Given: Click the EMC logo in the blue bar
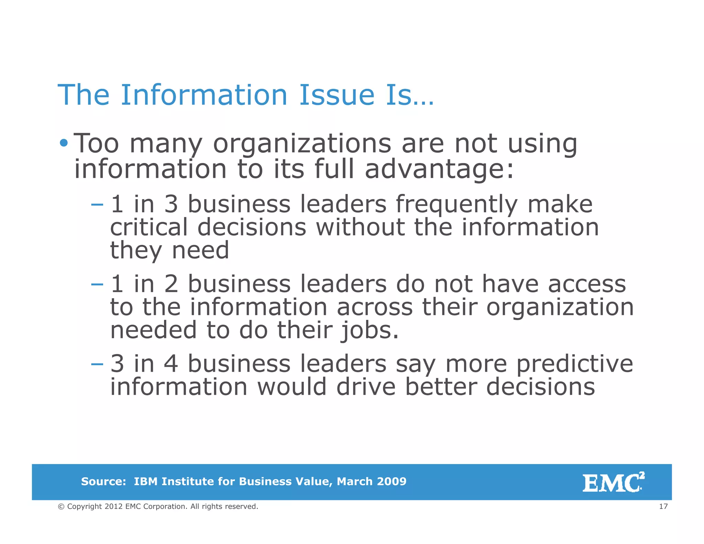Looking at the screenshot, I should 613,482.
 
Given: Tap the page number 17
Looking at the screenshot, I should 663,506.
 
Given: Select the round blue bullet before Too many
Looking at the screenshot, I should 64,142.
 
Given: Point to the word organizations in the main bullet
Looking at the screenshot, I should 302,144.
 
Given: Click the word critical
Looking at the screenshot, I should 149,227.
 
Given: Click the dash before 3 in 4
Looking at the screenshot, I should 97,364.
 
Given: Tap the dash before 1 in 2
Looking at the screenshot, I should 97,284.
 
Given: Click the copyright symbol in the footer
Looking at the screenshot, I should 61,507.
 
